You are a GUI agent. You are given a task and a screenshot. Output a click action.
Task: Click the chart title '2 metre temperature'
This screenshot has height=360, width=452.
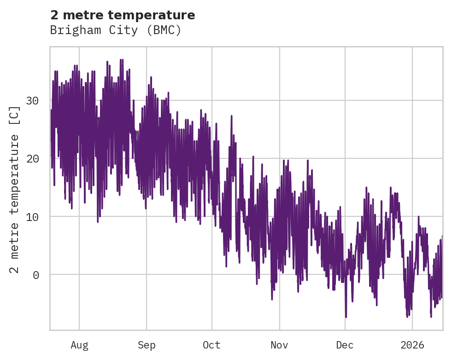tap(123, 15)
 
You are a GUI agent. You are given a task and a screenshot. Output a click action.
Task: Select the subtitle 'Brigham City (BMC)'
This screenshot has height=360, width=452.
tap(116, 30)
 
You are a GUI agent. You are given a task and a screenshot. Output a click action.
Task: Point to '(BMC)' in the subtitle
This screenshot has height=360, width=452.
tap(165, 30)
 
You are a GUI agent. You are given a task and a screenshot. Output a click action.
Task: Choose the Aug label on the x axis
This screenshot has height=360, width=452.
tap(79, 345)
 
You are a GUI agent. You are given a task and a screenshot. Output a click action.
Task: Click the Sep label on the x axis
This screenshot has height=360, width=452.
tap(147, 345)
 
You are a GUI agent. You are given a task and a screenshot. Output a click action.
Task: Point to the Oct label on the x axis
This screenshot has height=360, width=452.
tap(212, 345)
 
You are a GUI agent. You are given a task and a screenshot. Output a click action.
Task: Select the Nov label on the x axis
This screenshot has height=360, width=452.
tap(279, 345)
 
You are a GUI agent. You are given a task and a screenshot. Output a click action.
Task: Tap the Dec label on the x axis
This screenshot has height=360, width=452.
tap(345, 345)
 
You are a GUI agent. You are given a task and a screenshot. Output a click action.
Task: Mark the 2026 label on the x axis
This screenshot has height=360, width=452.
tap(412, 345)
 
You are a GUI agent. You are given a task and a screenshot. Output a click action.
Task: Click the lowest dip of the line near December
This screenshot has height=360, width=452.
tap(346, 317)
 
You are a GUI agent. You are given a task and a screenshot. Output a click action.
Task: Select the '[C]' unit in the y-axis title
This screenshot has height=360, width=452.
tap(15, 116)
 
